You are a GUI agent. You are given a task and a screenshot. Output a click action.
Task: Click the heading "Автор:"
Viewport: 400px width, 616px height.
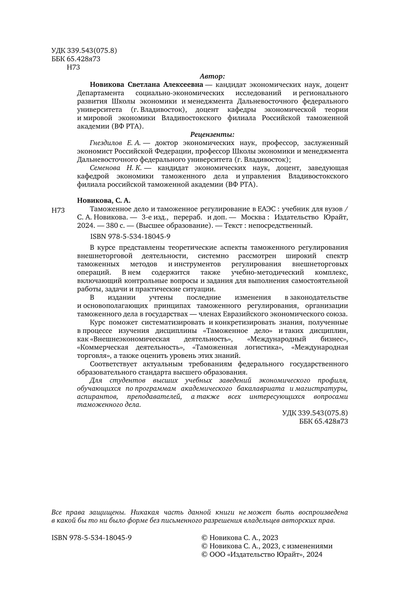(212, 76)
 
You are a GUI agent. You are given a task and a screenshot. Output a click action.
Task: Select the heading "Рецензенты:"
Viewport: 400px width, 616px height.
(212, 134)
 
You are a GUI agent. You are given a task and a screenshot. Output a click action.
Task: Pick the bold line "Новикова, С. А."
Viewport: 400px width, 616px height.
(104, 200)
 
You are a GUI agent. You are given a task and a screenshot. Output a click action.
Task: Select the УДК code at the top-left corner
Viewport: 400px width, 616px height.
(84, 51)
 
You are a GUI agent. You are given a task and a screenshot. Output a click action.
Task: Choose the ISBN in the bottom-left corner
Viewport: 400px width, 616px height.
(92, 538)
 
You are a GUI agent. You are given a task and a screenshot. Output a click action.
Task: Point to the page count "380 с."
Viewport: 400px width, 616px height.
(116, 225)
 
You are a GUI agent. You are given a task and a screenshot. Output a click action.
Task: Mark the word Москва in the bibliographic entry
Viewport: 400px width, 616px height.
(254, 217)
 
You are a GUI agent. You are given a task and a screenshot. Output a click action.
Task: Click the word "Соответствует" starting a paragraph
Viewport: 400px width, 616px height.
(111, 364)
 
